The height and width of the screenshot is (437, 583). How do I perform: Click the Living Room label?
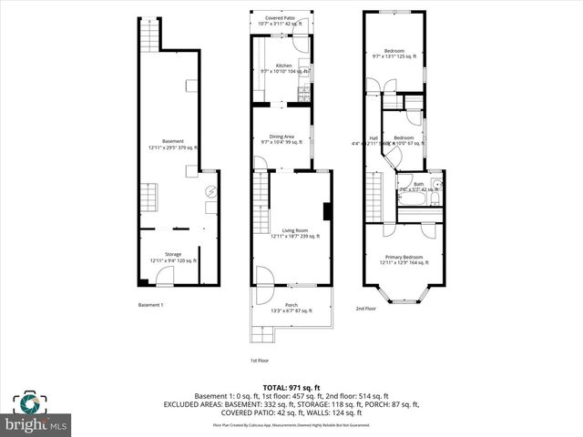click(x=295, y=233)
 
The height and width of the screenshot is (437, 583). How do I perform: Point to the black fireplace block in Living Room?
click(x=326, y=209)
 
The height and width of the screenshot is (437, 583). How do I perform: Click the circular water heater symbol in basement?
click(x=211, y=192)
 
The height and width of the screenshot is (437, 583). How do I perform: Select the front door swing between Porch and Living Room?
click(x=262, y=276)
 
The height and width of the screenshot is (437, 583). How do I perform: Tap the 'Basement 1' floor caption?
click(x=150, y=305)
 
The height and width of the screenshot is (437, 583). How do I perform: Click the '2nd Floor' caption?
click(x=365, y=308)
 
